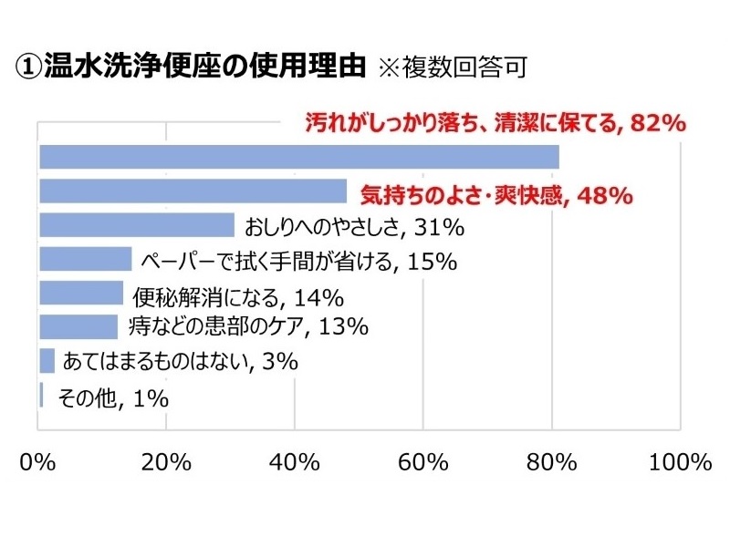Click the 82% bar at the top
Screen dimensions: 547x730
pos(299,157)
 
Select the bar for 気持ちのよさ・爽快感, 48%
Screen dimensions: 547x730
pos(193,191)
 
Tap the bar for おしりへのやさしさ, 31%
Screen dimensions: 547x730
pos(137,224)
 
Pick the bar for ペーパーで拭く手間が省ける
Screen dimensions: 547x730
pos(86,259)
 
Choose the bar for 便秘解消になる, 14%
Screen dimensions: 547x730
pos(81,293)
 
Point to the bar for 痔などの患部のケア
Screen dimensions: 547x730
pos(78,325)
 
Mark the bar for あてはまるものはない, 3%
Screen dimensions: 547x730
pos(47,360)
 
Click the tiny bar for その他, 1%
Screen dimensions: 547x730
pos(42,394)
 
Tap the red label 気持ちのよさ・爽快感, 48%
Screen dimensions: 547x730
pos(496,193)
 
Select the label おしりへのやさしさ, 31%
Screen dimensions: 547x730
pos(351,225)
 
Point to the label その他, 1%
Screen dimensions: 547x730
pos(113,397)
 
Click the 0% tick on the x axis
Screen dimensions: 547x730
pos(39,461)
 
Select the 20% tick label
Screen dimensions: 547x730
pos(166,461)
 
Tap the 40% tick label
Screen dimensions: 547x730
pos(294,461)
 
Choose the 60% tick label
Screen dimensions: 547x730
pos(422,461)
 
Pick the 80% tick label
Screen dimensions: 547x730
pos(551,461)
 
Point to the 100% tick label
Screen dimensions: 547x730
pos(680,461)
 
